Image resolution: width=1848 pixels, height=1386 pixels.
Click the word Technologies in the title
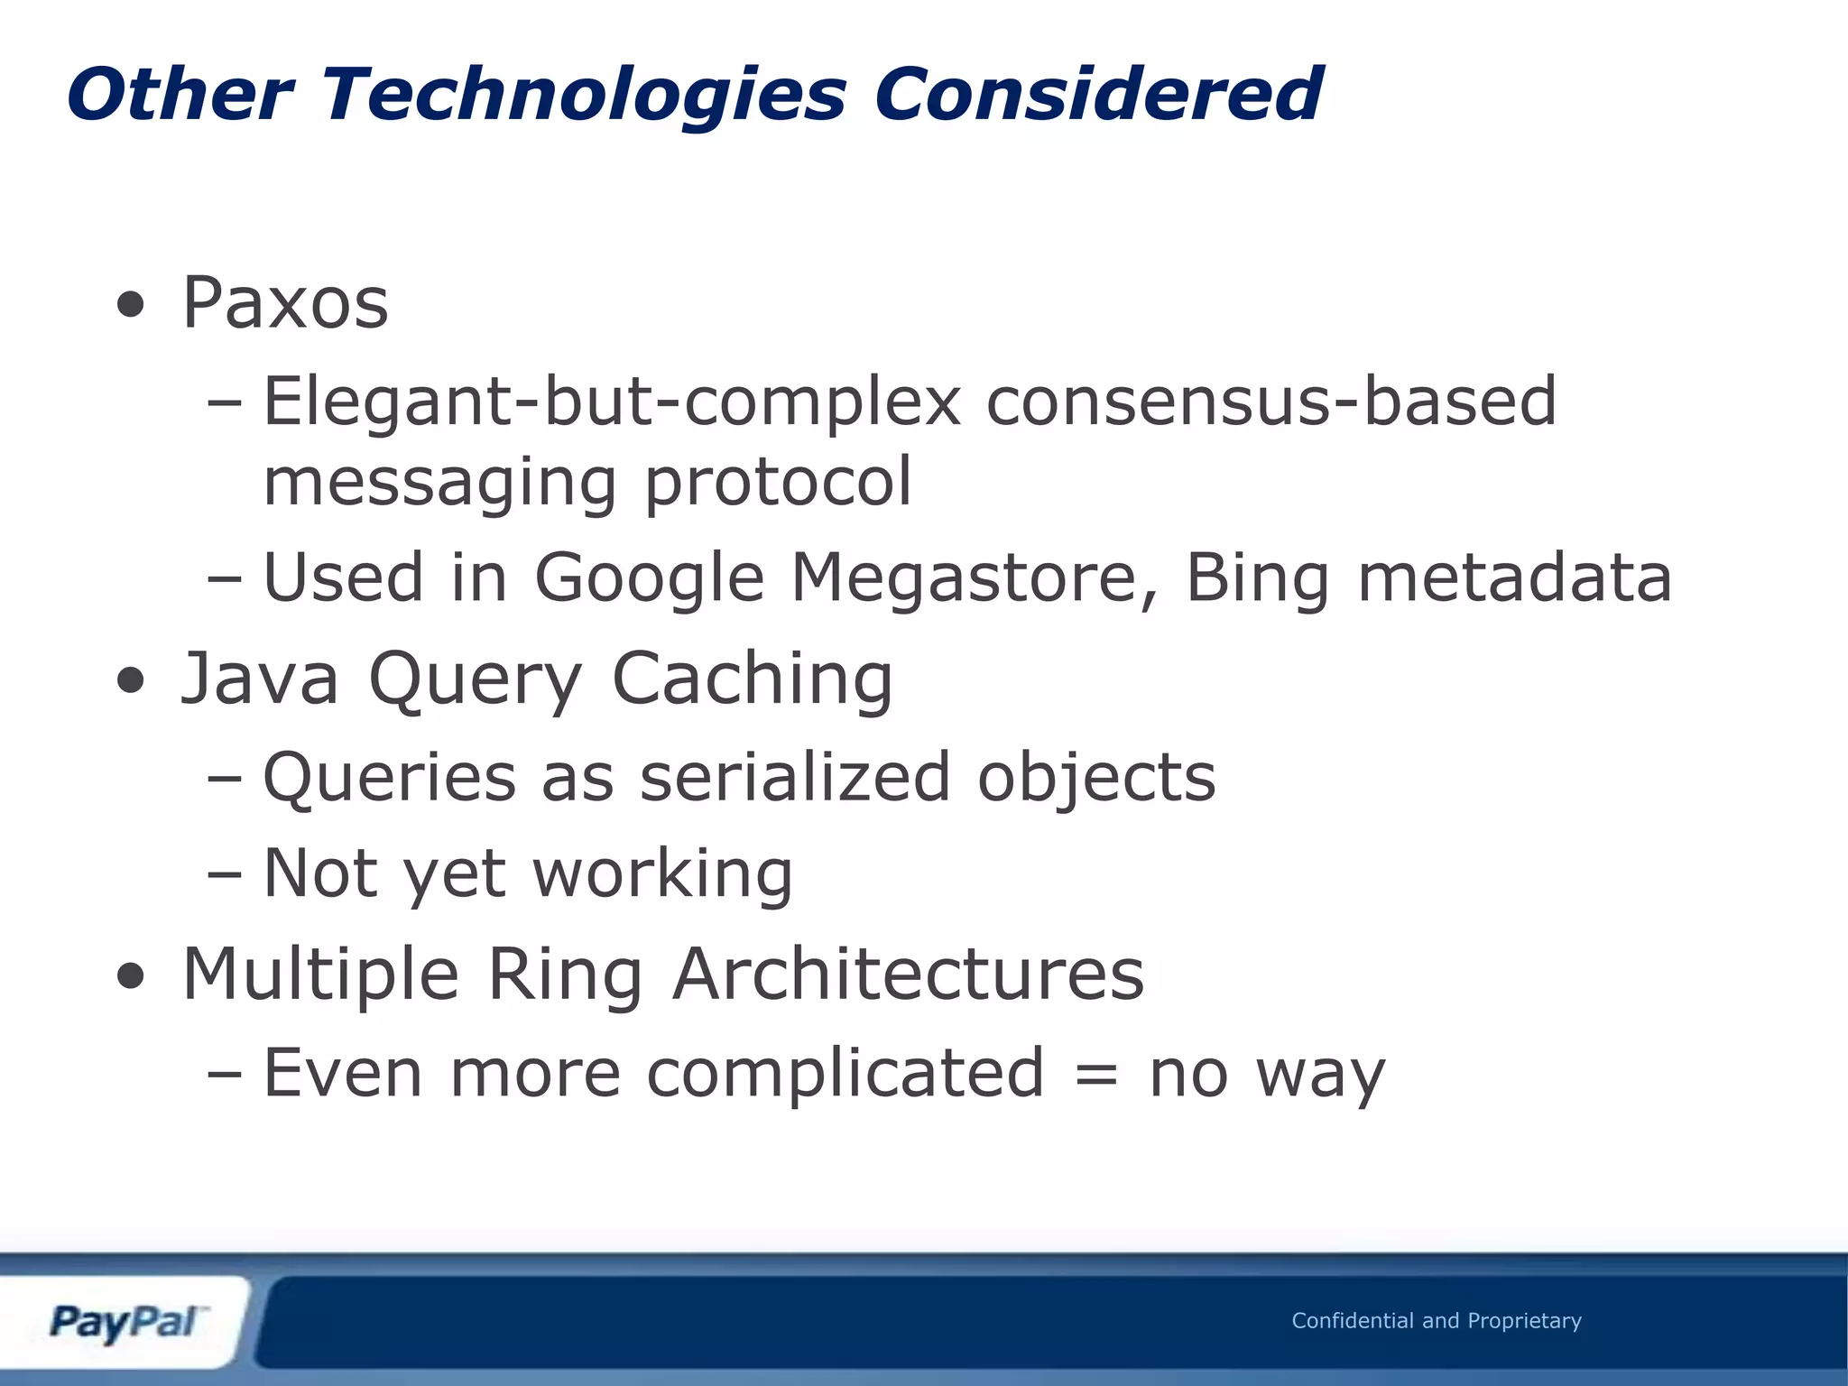[585, 95]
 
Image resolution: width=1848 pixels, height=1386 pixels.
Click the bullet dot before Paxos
[130, 306]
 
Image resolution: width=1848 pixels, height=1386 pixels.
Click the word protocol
[777, 483]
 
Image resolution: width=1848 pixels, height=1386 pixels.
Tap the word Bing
[1257, 578]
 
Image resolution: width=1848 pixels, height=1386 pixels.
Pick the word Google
[650, 578]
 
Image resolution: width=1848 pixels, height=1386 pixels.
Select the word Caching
[753, 679]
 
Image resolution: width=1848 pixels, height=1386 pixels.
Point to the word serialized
[795, 777]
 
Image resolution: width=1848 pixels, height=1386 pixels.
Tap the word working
[663, 874]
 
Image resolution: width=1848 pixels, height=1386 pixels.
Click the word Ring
[565, 975]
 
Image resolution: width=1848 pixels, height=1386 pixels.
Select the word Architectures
[908, 974]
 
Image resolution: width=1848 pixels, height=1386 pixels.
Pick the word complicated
[845, 1073]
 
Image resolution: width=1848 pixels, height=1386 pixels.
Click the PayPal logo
[126, 1323]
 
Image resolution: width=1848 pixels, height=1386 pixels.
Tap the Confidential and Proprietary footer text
[1437, 1321]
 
